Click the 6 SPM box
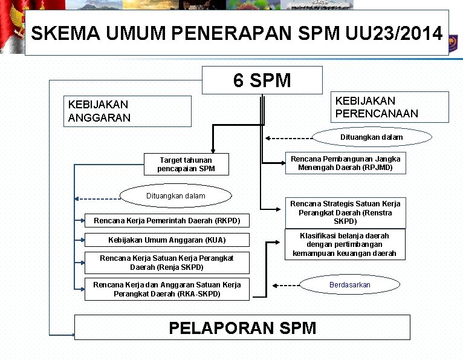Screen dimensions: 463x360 [262, 80]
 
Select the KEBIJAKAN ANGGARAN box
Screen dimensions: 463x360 [128, 111]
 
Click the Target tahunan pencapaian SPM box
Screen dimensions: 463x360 [186, 164]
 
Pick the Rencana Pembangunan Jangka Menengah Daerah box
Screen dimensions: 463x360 [345, 163]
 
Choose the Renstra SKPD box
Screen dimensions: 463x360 [345, 212]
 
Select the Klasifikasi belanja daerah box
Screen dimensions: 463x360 [345, 244]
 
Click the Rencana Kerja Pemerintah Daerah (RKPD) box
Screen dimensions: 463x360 [167, 221]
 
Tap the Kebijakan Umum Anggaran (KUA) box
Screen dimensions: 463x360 [167, 240]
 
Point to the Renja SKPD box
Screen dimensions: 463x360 [167, 262]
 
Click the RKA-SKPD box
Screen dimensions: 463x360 [167, 289]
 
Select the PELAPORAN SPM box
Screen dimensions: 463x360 [242, 328]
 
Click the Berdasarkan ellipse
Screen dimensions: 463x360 [350, 284]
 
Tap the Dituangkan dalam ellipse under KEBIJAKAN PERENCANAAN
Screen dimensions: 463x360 [371, 137]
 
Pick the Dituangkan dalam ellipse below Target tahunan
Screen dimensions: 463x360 [176, 196]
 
